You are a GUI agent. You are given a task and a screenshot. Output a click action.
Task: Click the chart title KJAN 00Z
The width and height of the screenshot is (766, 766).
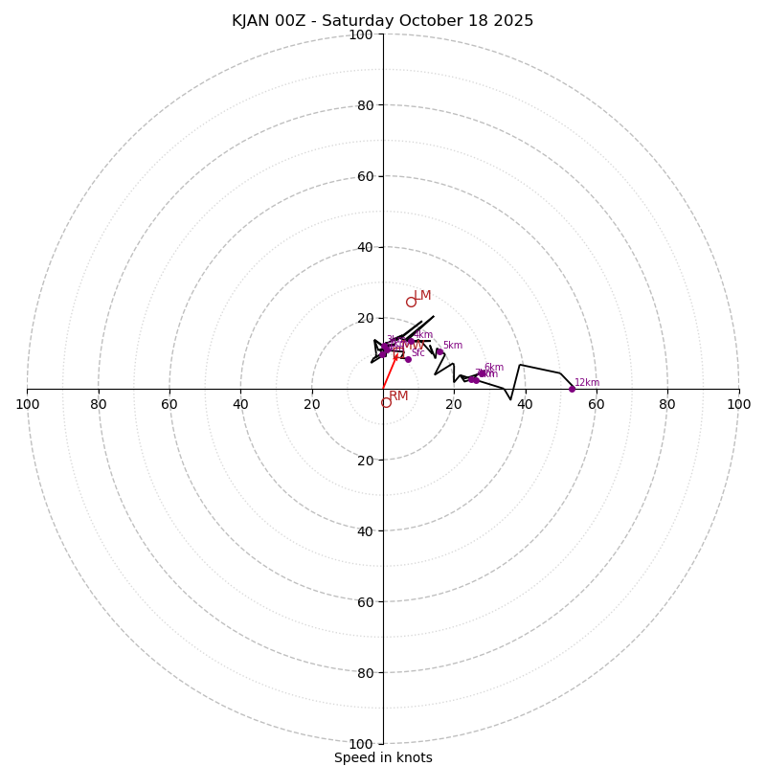382,21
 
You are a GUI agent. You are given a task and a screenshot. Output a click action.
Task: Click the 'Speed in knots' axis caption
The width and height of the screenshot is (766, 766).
383,757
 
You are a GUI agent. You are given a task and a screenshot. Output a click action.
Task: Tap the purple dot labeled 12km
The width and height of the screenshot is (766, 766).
572,389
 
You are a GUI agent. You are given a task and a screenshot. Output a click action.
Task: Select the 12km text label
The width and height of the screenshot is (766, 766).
587,383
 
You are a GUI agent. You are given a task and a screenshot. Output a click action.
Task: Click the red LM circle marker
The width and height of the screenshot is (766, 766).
411,302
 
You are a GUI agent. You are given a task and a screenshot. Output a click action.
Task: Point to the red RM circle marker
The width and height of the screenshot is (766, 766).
386,403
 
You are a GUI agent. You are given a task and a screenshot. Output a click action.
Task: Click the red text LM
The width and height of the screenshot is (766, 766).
422,296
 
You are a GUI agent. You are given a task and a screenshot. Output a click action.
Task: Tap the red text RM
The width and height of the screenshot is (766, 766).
398,396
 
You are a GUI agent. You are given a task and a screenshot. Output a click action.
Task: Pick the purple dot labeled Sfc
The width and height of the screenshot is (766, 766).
408,359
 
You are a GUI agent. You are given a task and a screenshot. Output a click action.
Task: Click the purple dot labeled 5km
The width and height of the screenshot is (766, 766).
439,352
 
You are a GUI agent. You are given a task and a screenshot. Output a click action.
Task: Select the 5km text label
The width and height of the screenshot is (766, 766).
453,346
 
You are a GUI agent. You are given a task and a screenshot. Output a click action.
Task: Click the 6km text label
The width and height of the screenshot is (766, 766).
494,368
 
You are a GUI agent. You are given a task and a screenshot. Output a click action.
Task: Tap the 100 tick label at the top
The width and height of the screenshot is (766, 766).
361,35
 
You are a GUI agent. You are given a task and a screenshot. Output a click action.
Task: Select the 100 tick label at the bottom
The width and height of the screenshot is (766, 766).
361,744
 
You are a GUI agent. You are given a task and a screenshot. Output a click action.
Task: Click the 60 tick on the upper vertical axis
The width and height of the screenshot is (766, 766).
365,176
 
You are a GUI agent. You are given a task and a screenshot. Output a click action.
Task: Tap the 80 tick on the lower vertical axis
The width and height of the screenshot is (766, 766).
365,673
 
